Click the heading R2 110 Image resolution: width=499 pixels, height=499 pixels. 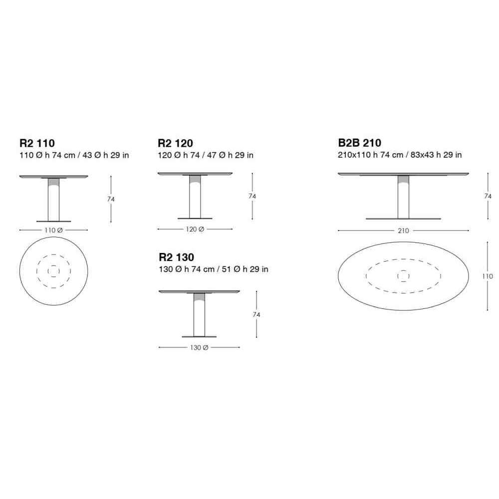coord(37,143)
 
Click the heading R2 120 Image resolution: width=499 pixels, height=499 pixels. coord(175,143)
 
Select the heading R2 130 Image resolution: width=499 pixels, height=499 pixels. coord(176,257)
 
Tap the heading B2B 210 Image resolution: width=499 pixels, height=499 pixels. coord(360,143)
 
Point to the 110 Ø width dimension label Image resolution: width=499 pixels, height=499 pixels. coord(53,230)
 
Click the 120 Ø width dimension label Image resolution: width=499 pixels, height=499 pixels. coord(195,229)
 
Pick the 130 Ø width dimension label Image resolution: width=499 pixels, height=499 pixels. coord(199,347)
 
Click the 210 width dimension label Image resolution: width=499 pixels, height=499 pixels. coord(403,231)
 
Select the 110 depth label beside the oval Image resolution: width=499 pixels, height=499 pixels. coord(487,276)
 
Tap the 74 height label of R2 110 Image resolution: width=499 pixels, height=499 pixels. coord(111,199)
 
